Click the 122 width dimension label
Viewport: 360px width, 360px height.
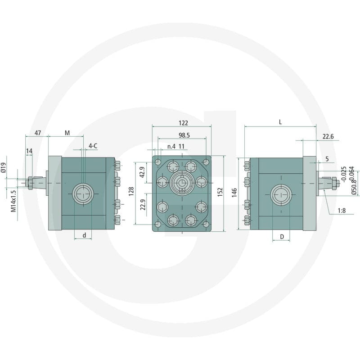(x=183, y=123)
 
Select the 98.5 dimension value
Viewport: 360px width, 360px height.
(x=184, y=135)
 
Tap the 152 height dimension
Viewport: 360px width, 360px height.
(x=220, y=192)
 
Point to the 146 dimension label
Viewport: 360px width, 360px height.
(x=234, y=193)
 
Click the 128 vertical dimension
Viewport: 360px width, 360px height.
(x=131, y=191)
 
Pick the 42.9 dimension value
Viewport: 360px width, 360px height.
(x=142, y=172)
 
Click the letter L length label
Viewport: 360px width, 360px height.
(x=280, y=122)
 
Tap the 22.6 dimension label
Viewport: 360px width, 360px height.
(x=328, y=136)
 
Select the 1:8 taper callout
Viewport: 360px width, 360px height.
(x=342, y=211)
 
